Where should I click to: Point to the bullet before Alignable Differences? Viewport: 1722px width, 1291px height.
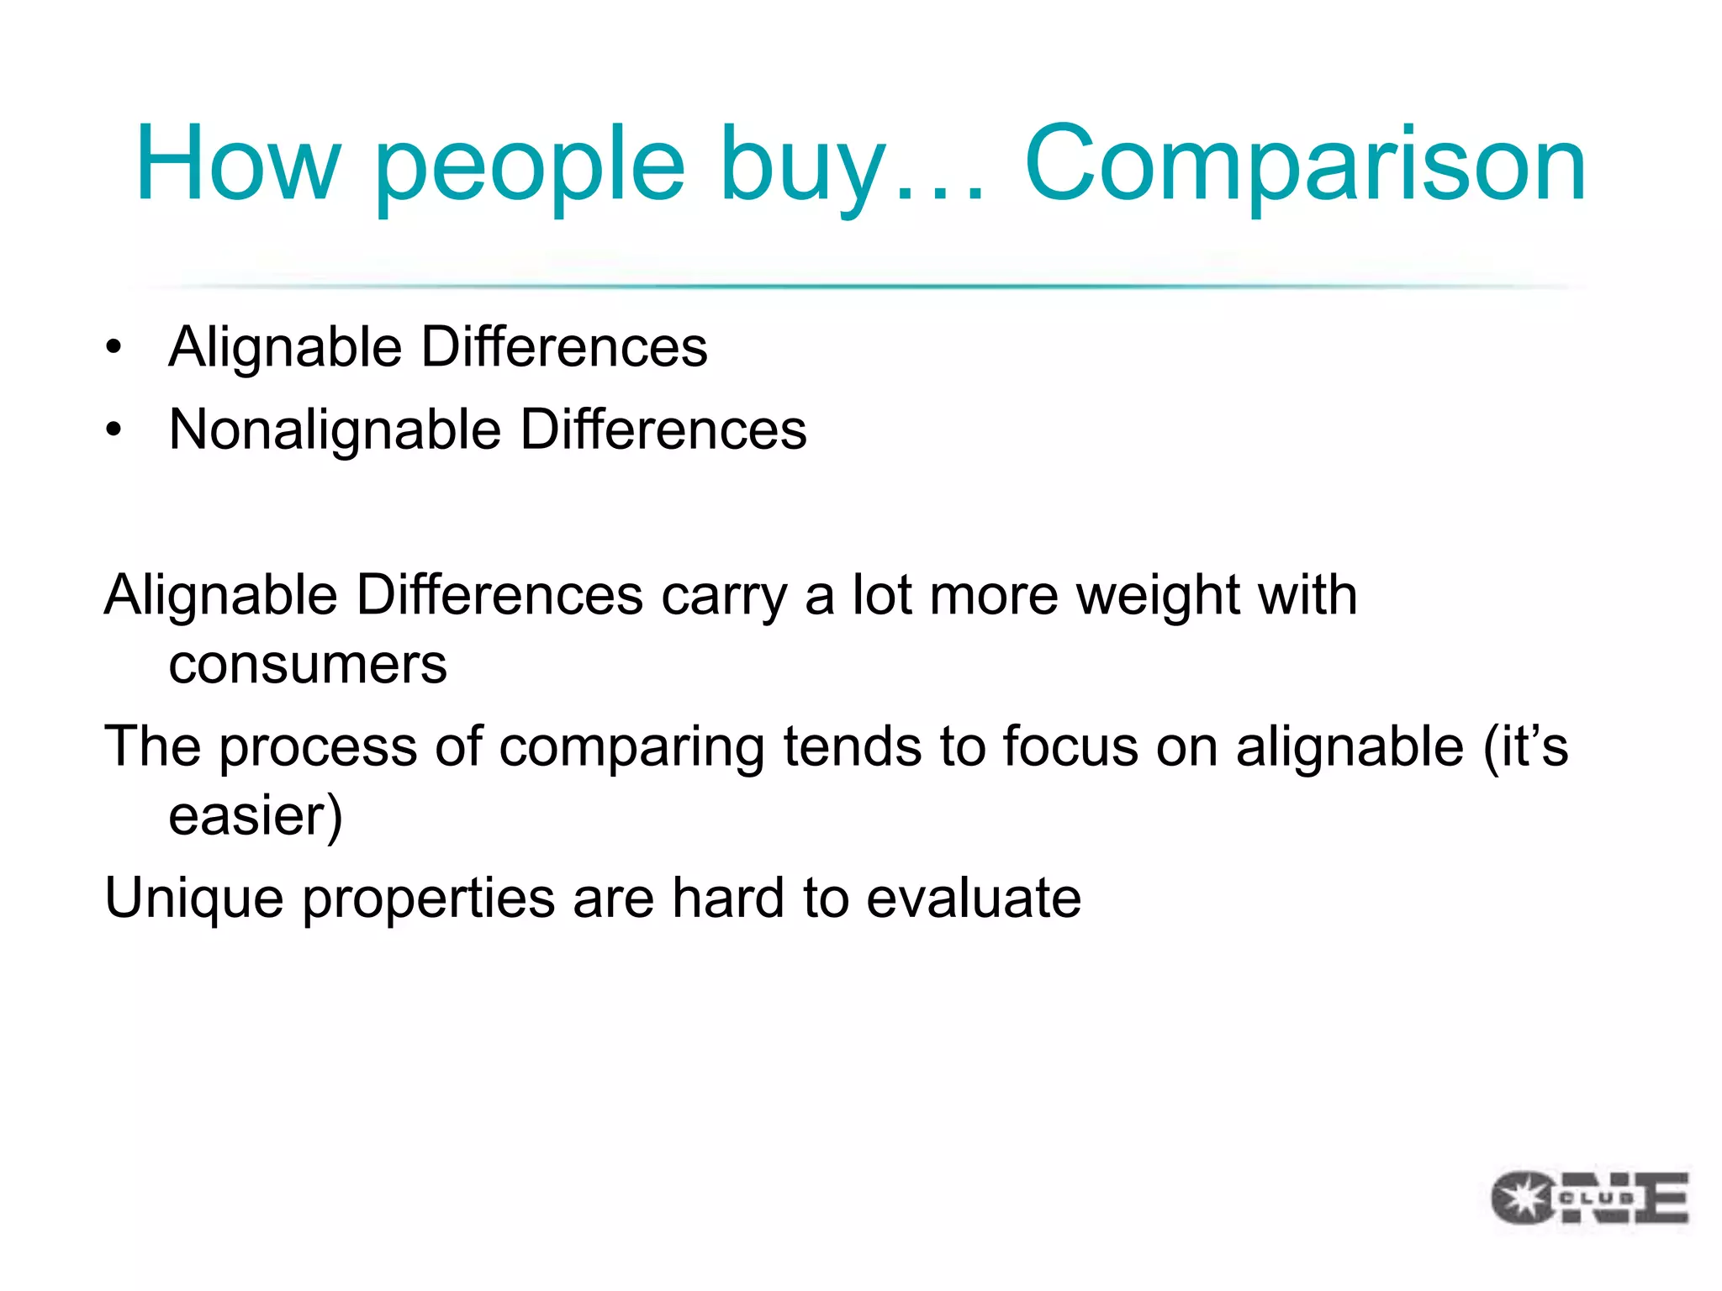pyautogui.click(x=114, y=347)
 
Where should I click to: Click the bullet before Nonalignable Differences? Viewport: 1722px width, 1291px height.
pyautogui.click(x=114, y=429)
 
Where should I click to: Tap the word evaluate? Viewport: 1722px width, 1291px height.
pyautogui.click(x=974, y=898)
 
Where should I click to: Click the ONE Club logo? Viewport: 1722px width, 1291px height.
pyautogui.click(x=1589, y=1197)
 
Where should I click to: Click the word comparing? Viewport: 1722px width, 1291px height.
pyautogui.click(x=631, y=748)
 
